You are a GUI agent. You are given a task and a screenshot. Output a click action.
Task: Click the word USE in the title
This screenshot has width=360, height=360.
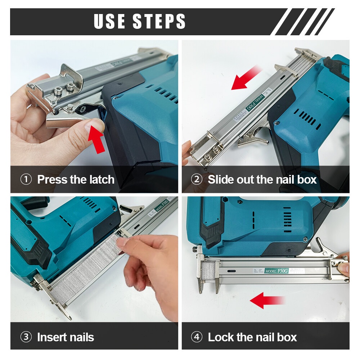click(x=110, y=21)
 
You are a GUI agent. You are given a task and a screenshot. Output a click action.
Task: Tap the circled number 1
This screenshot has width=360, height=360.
click(x=26, y=179)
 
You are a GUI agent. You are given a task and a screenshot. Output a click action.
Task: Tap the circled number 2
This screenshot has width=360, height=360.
click(x=197, y=179)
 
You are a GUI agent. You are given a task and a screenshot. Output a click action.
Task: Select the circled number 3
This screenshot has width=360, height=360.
click(x=26, y=337)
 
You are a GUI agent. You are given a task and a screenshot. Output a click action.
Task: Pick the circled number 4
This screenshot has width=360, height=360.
click(x=197, y=337)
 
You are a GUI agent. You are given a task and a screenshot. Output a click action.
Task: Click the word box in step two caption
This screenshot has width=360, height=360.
click(x=306, y=179)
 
